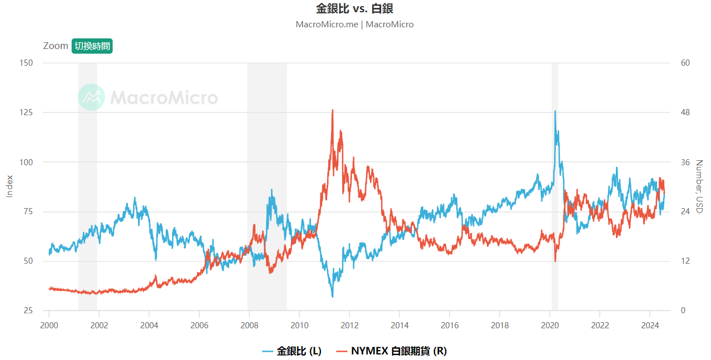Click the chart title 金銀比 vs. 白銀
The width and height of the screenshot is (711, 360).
pos(354,9)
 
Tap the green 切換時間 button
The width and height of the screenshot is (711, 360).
pos(92,46)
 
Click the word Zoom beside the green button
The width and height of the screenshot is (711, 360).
pos(56,46)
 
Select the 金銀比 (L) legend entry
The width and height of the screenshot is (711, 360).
pos(292,351)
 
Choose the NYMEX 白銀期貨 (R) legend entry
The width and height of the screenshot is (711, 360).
pos(393,351)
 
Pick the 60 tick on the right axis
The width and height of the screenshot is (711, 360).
pos(685,63)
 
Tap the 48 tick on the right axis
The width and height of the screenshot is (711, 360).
pos(685,112)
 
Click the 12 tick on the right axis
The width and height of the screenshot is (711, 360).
pos(685,261)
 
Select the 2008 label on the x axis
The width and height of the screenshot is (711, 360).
pos(249,324)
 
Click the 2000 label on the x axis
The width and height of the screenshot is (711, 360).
pos(49,324)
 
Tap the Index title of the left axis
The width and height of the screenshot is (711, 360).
pos(9,186)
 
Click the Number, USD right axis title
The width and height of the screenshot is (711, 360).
pos(700,186)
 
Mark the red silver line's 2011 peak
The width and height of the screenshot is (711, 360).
pos(333,110)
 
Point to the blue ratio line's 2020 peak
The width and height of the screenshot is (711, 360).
pos(555,111)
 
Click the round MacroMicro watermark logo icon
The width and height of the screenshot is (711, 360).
pos(91,97)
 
